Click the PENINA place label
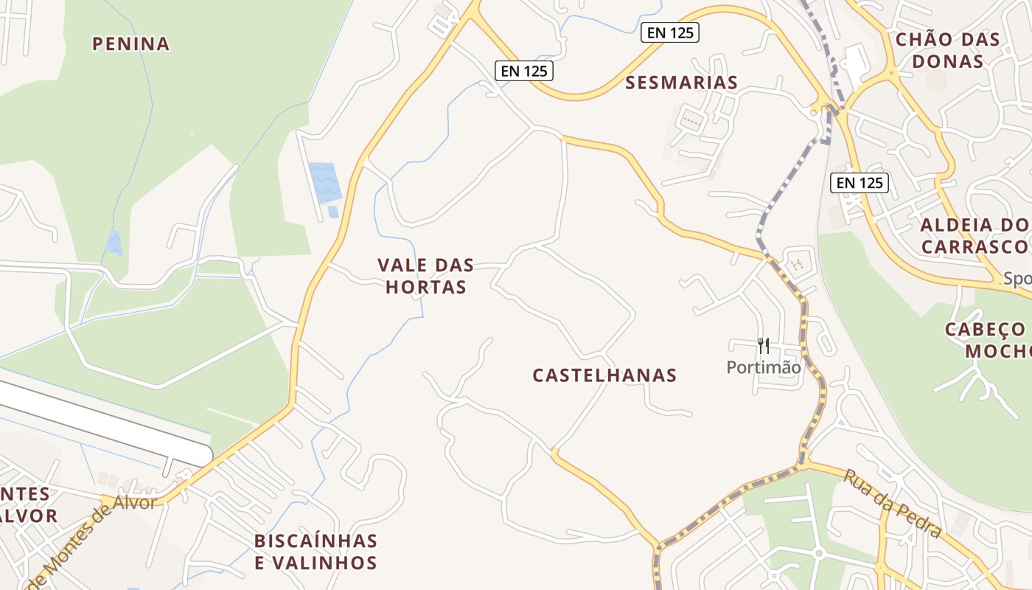click(130, 44)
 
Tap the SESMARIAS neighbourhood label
click(681, 83)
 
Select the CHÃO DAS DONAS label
click(947, 50)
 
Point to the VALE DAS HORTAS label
click(425, 276)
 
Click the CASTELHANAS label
click(604, 375)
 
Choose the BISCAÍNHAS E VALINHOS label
click(315, 552)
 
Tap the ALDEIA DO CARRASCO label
click(975, 236)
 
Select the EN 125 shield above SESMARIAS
click(669, 32)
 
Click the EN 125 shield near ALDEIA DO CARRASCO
click(860, 183)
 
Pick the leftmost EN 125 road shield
click(523, 71)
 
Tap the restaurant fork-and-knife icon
click(764, 345)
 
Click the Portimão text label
click(764, 367)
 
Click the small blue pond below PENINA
click(114, 242)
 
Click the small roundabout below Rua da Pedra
click(817, 553)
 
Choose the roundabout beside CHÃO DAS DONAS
click(891, 73)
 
